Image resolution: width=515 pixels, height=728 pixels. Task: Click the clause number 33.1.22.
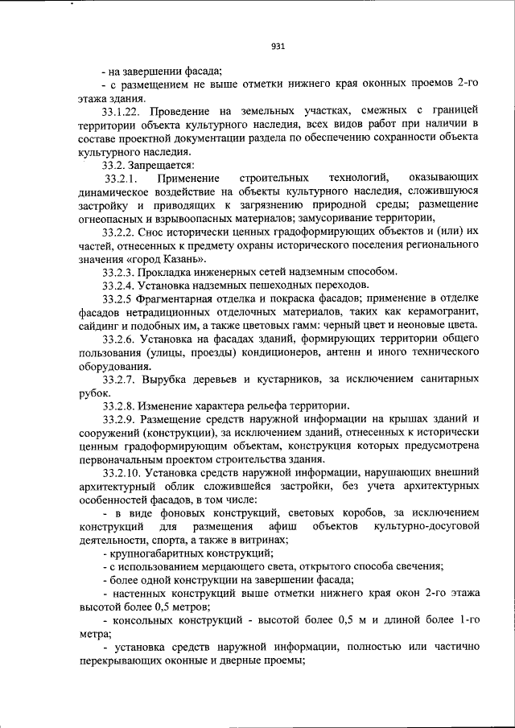pyautogui.click(x=126, y=108)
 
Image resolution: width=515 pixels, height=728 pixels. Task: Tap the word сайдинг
pyautogui.click(x=99, y=325)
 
